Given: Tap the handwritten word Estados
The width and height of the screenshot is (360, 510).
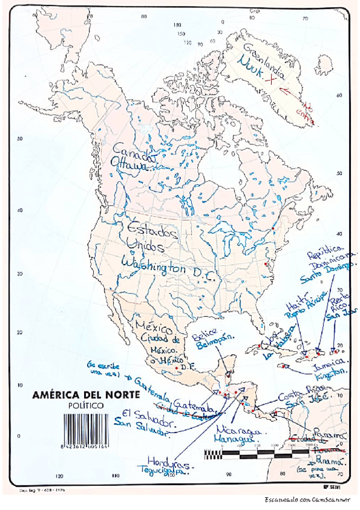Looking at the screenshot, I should coord(151,231).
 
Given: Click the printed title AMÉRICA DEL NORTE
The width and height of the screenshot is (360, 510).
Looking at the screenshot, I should coord(86,395).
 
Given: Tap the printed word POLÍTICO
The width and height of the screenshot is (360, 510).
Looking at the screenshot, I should coord(85,406).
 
